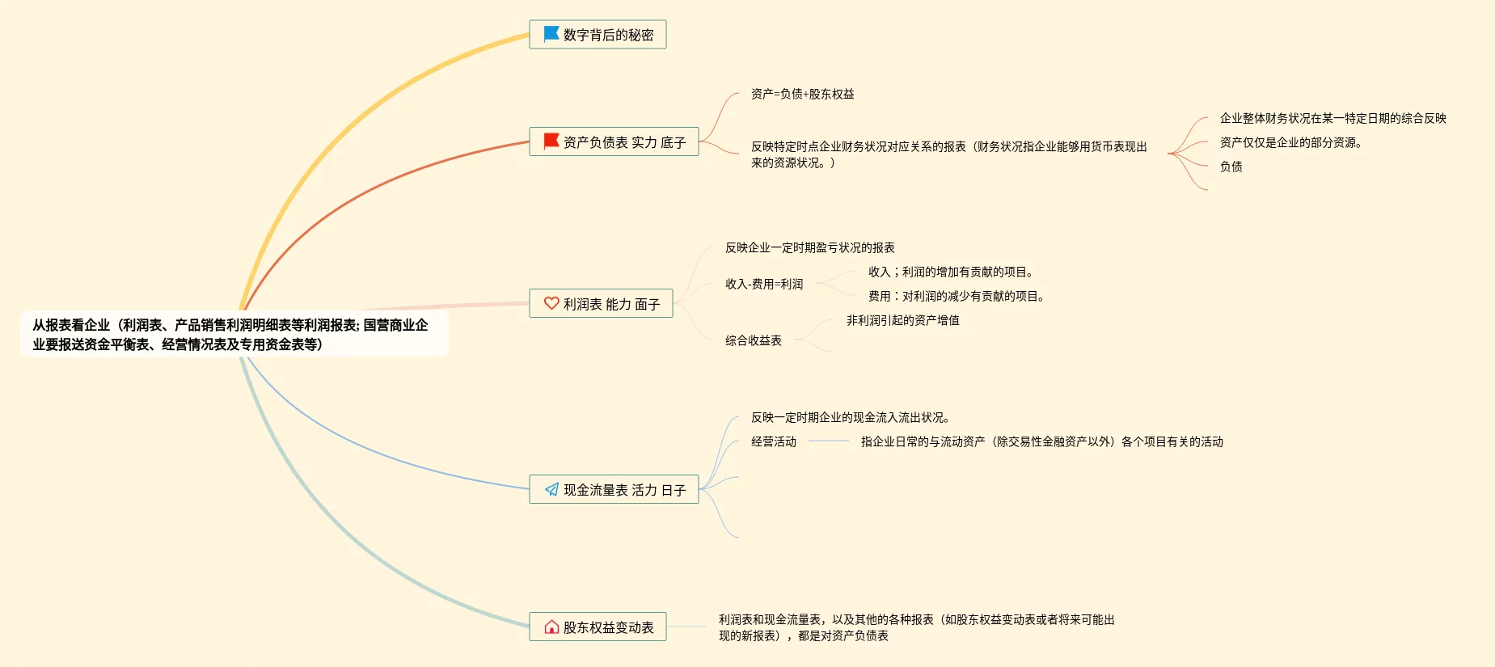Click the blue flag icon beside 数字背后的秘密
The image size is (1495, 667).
coord(551,34)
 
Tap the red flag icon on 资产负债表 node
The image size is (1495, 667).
coord(551,141)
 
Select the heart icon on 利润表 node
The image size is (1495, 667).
coord(551,303)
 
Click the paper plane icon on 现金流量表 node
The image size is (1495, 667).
coord(551,489)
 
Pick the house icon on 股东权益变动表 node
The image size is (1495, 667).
coord(551,627)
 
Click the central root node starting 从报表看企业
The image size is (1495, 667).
coord(230,335)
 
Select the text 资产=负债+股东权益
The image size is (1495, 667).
coord(802,94)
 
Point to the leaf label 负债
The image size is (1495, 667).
coord(1231,167)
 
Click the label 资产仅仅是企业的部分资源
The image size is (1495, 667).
coord(1290,142)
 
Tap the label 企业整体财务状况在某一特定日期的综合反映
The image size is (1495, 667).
coord(1332,118)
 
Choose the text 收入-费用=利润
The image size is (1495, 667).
coord(764,284)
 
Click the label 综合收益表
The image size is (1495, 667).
coord(753,340)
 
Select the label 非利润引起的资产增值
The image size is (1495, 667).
coord(902,320)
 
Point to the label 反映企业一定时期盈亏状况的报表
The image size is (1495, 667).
coord(809,247)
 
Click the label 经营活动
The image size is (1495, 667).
coord(773,441)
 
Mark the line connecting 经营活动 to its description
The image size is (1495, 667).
coord(828,441)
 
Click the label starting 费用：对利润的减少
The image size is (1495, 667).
coord(956,296)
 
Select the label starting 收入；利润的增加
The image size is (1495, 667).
coord(950,272)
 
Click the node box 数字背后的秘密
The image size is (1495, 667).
coord(608,35)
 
